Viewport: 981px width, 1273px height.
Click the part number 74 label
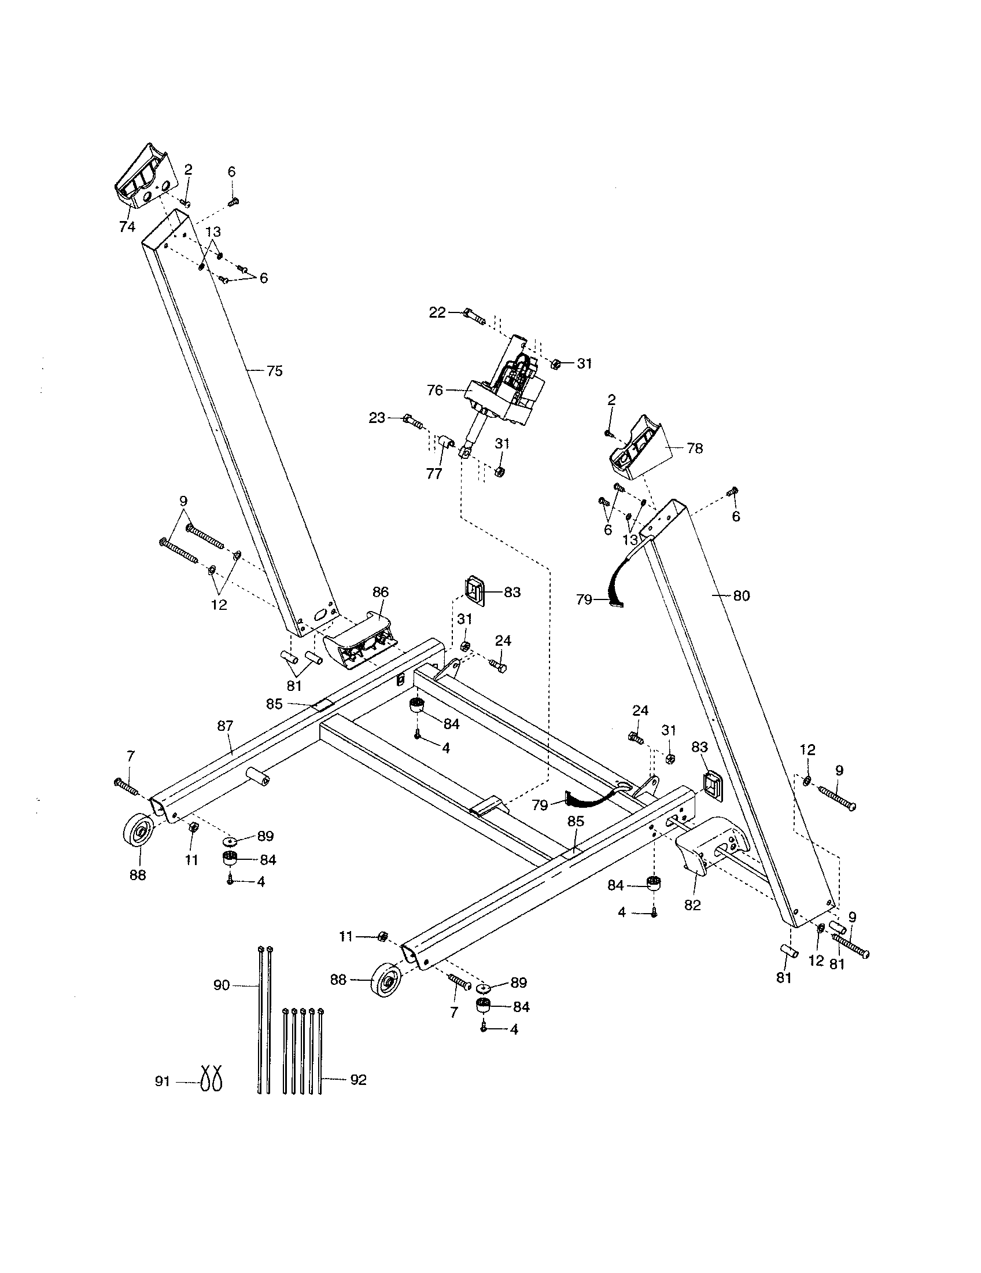(127, 227)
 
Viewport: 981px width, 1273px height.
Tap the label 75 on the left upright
(274, 371)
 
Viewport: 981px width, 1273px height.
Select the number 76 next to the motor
(435, 391)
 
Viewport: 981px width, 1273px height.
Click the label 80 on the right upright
(742, 595)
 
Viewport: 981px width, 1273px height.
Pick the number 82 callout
(692, 905)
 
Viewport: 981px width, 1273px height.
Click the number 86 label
(380, 592)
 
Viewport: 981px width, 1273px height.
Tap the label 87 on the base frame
(226, 726)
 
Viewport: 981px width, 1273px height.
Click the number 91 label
(163, 1082)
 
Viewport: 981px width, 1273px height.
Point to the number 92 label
(358, 1080)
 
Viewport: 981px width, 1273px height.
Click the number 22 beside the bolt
(437, 312)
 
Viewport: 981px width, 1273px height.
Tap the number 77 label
(434, 474)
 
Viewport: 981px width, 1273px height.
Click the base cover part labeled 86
(360, 641)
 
